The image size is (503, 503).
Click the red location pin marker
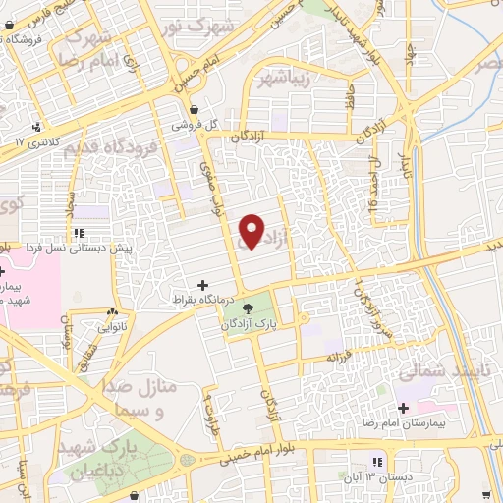pos(252,232)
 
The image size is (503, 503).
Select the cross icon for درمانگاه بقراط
pos(203,285)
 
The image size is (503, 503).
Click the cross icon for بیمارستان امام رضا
pos(403,407)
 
